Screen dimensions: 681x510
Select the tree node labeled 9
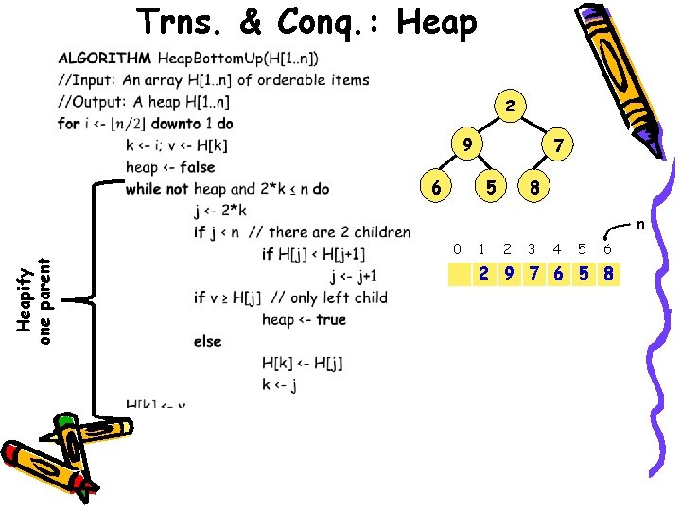click(x=465, y=144)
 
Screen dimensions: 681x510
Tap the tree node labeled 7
click(x=559, y=146)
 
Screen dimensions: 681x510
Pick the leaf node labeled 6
click(x=434, y=187)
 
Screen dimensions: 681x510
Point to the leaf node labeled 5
click(x=490, y=187)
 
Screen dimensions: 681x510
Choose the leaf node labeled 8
click(x=534, y=187)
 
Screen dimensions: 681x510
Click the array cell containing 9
click(x=509, y=274)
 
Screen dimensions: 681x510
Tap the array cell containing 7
click(x=533, y=274)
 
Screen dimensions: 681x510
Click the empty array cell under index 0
click(x=460, y=274)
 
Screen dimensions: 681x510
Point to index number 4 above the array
click(x=557, y=249)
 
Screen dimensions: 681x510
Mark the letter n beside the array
click(x=639, y=225)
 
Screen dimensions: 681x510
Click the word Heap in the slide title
click(x=437, y=23)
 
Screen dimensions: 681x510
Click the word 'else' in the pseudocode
click(x=207, y=341)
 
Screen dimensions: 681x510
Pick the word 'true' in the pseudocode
click(x=331, y=319)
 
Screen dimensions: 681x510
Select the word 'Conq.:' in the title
click(x=329, y=23)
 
